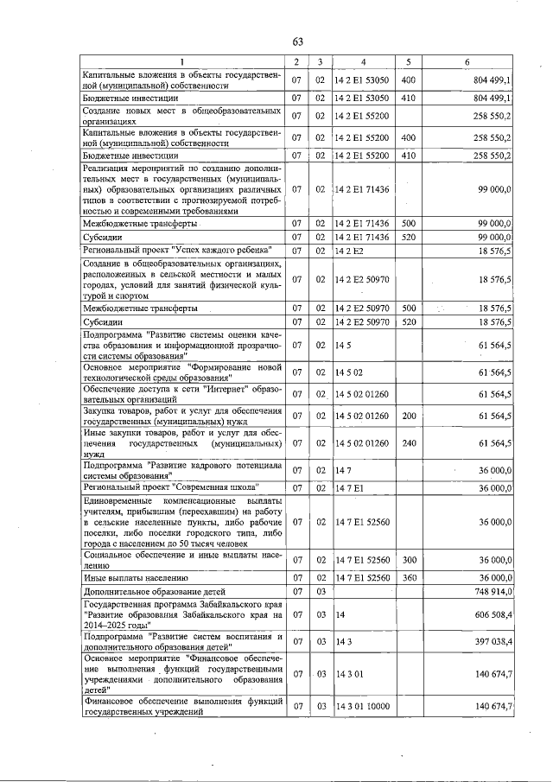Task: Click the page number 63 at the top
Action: [297, 41]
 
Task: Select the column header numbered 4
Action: [364, 62]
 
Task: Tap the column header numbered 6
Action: [467, 62]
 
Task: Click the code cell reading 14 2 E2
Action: [348, 251]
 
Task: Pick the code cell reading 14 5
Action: [341, 345]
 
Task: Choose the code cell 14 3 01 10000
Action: [362, 706]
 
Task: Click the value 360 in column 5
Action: [409, 577]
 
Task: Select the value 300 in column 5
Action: [409, 560]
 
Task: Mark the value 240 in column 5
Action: [409, 443]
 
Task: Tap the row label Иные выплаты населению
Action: [135, 577]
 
